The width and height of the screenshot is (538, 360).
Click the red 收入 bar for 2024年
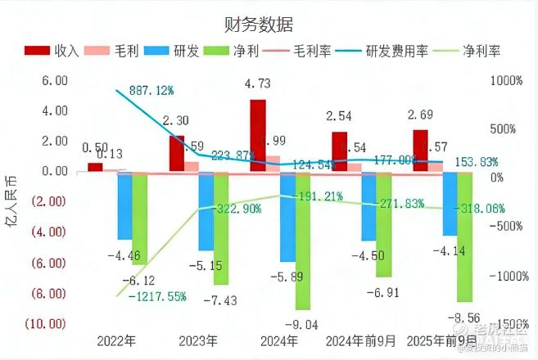click(x=258, y=135)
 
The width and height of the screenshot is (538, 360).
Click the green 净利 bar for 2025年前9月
click(x=463, y=237)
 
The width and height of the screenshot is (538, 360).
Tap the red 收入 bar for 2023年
click(x=177, y=154)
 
